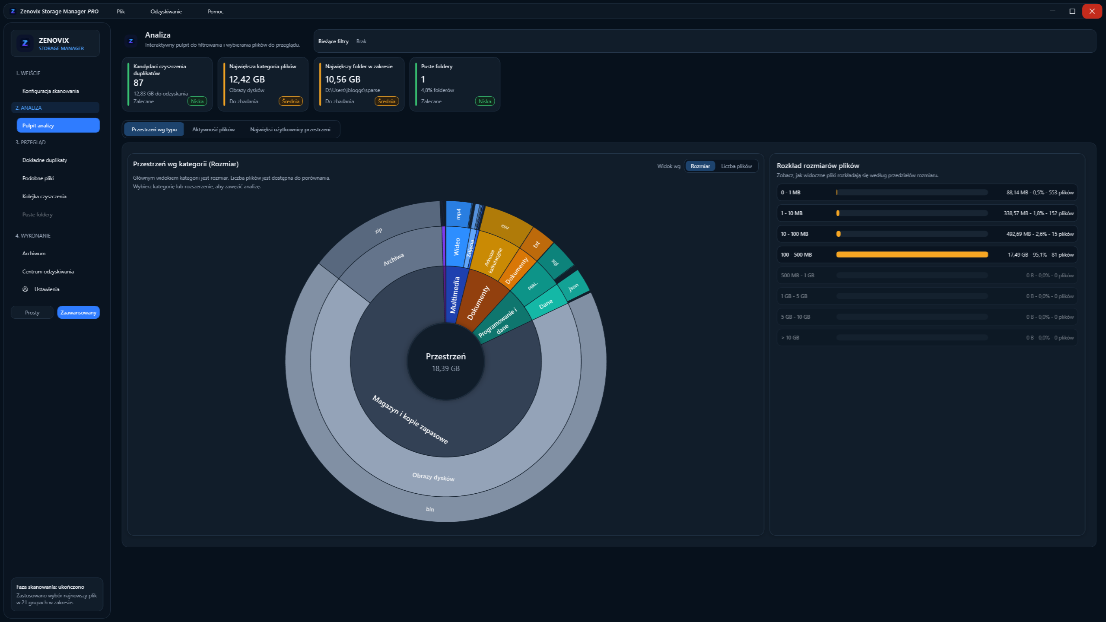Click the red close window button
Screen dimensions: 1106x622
pos(1092,11)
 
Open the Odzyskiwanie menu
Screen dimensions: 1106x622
pos(166,12)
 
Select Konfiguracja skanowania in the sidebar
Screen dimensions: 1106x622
pos(51,91)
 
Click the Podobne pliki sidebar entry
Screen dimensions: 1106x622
pos(38,178)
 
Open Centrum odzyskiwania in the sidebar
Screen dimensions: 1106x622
pos(48,272)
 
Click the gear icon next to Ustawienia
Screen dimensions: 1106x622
pos(25,289)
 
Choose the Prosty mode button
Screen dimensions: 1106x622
pos(32,313)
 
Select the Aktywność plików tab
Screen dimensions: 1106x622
pos(213,130)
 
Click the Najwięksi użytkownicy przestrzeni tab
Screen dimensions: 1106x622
pos(290,130)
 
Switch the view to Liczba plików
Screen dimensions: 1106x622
pos(736,166)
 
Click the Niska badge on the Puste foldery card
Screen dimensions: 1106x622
pos(485,102)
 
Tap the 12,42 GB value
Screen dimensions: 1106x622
pos(247,79)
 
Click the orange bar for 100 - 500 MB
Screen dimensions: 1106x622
pos(912,255)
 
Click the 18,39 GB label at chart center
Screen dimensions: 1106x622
pos(446,369)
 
